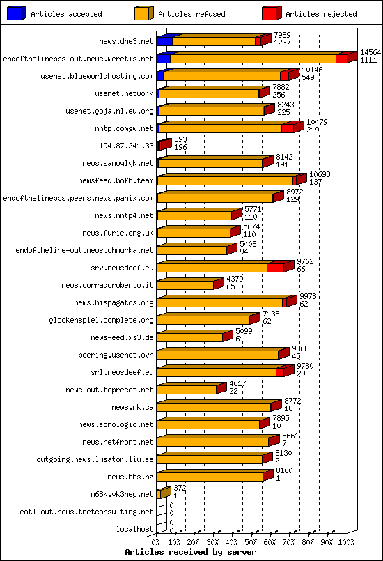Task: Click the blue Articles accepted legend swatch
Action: tap(17, 13)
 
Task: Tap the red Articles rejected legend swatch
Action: tap(272, 13)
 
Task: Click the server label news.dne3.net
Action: tap(126, 41)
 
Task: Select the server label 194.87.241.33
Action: tap(127, 146)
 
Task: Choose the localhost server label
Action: tap(135, 529)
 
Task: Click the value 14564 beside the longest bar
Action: tap(370, 52)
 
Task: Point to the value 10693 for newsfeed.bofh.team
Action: tap(320, 174)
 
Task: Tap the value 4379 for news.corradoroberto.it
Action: tap(235, 279)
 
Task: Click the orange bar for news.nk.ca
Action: tap(214, 407)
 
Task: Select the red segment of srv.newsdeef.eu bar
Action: tap(275, 268)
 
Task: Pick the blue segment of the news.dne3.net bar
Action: tap(164, 41)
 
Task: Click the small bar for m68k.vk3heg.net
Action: tap(164, 493)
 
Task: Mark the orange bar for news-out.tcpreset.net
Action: tap(187, 390)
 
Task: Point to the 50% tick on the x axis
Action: tap(251, 541)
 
